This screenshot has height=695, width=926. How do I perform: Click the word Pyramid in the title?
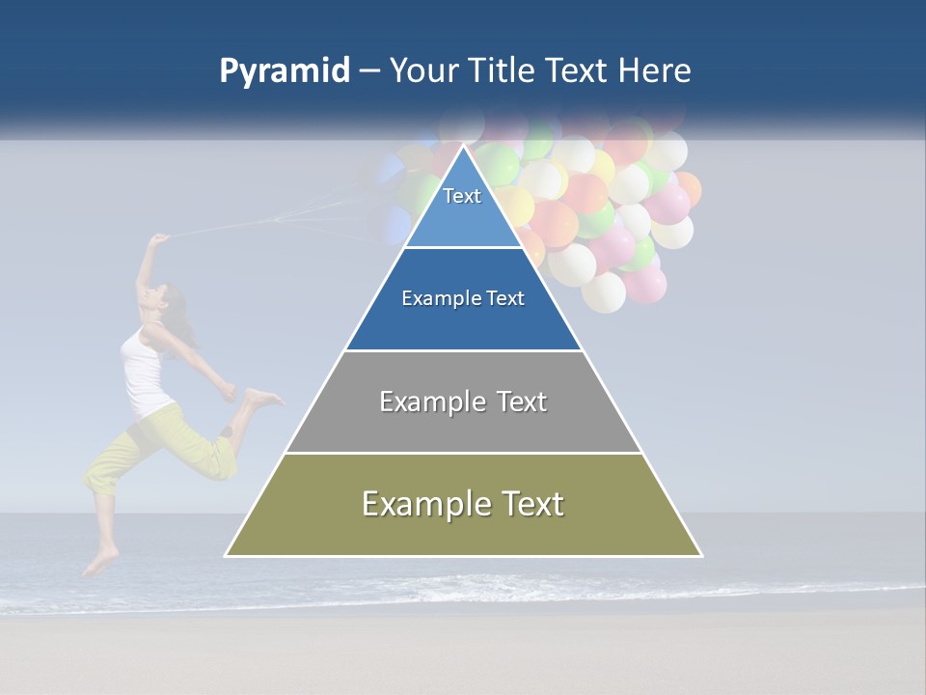(x=284, y=71)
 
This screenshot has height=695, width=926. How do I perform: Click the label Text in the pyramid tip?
(x=462, y=196)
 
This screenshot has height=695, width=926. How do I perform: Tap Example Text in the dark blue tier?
(x=463, y=298)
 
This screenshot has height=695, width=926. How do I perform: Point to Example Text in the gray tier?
(x=463, y=402)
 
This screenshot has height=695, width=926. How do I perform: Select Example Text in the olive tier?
(x=463, y=504)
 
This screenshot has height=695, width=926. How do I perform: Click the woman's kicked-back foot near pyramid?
(x=261, y=397)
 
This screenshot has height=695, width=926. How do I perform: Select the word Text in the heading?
(x=578, y=71)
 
